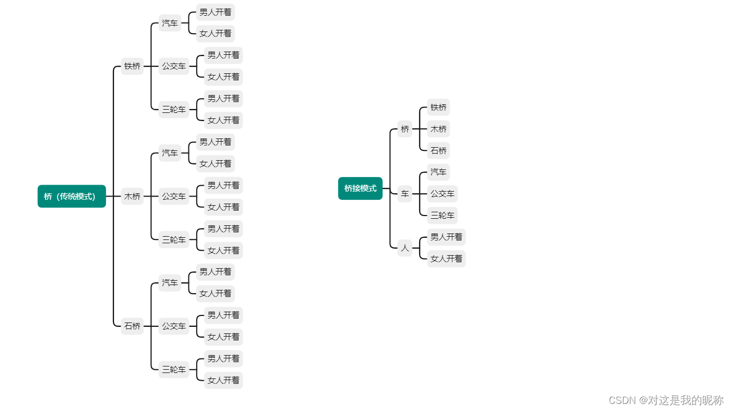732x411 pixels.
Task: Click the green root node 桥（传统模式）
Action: [72, 196]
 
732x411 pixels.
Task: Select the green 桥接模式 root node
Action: [360, 188]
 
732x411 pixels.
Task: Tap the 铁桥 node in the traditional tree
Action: [132, 66]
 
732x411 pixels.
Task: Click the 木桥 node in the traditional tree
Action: [132, 196]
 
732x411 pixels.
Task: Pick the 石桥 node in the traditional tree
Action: [132, 326]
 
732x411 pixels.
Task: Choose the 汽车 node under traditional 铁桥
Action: [169, 23]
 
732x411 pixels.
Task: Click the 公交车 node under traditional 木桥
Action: [174, 196]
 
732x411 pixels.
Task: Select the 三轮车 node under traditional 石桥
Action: [174, 369]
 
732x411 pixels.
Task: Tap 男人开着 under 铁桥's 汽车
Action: [215, 12]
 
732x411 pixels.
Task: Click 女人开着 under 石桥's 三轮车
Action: [223, 380]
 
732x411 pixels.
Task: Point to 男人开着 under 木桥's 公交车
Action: [223, 185]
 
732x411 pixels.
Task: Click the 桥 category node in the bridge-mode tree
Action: [405, 129]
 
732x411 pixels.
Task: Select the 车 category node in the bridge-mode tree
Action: [405, 194]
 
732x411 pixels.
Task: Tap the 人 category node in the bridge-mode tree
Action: [405, 248]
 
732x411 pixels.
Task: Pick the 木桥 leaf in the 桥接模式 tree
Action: [438, 129]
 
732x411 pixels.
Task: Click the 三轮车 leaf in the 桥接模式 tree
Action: [442, 215]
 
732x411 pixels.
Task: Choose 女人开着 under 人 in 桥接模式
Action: [446, 258]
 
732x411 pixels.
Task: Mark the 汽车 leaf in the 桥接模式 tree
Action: [438, 172]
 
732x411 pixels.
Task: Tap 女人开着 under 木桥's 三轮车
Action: [223, 250]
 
